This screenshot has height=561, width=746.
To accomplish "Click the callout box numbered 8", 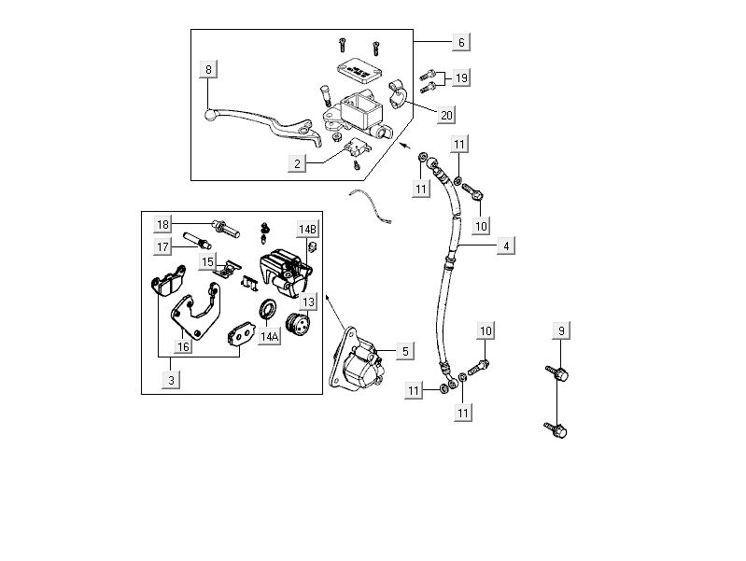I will tap(208, 69).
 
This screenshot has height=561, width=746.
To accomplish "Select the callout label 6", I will tap(460, 43).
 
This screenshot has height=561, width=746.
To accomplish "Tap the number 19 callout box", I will tap(460, 78).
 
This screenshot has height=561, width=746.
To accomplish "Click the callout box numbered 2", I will tap(297, 163).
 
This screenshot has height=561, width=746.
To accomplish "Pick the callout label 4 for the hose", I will tap(506, 246).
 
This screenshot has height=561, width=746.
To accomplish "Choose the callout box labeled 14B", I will tap(307, 230).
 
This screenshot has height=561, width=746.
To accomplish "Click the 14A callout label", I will tap(269, 336).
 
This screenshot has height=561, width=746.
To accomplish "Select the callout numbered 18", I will tap(163, 225).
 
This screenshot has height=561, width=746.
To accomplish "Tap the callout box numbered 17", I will tap(163, 246).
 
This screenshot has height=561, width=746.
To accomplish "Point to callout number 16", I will tap(182, 346).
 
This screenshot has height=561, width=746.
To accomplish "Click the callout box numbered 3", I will tap(171, 379).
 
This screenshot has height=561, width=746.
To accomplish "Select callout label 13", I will tap(307, 302).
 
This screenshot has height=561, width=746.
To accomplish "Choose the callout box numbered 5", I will tap(403, 351).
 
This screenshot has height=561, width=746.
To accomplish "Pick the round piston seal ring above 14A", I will tap(267, 308).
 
